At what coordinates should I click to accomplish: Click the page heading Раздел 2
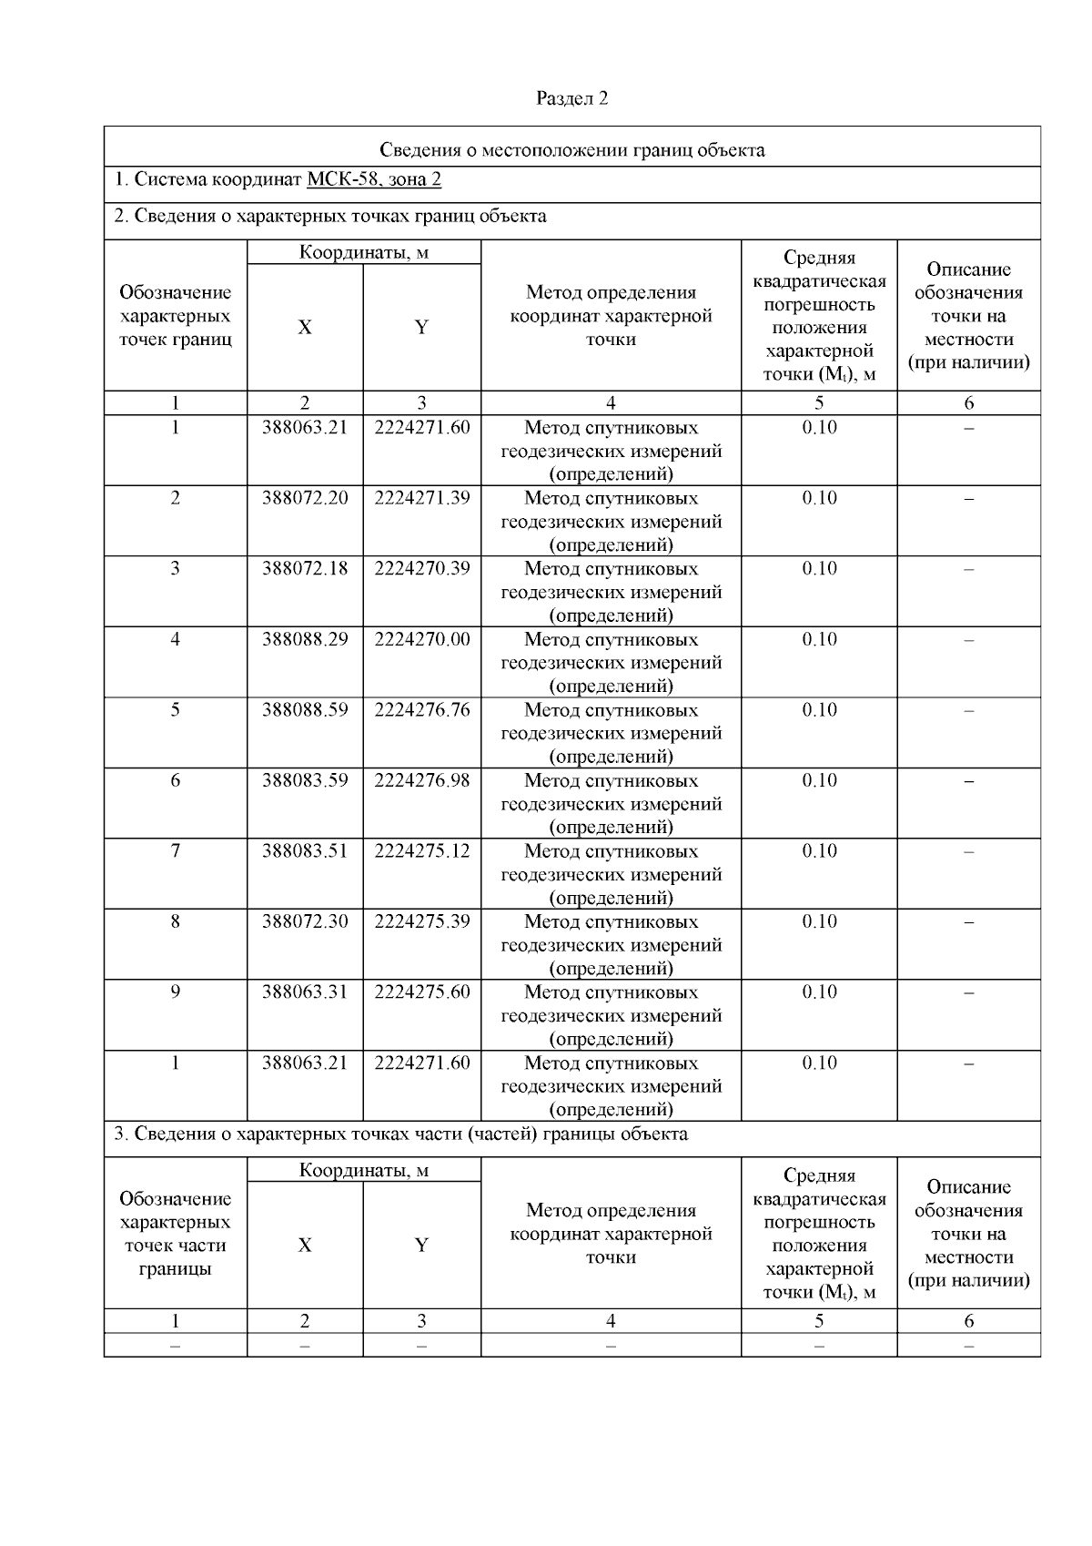[x=571, y=98]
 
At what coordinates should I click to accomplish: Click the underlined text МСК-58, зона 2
[x=373, y=179]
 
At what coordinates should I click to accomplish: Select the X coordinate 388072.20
[x=305, y=498]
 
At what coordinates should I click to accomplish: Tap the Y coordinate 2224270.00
[x=421, y=639]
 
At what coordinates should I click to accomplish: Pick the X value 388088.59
[x=305, y=709]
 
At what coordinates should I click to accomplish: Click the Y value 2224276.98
[x=421, y=780]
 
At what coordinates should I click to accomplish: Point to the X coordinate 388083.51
[x=305, y=851]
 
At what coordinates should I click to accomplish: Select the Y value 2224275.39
[x=421, y=921]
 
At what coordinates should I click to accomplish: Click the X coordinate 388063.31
[x=305, y=992]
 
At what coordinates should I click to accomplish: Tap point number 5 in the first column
[x=175, y=709]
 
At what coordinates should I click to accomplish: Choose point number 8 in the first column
[x=175, y=921]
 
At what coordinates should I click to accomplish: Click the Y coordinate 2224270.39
[x=421, y=568]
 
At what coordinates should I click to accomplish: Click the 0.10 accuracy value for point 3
[x=819, y=568]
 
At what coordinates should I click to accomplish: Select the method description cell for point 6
[x=611, y=803]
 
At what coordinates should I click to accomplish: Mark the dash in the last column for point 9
[x=968, y=992]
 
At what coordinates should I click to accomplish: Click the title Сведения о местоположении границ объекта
[x=571, y=150]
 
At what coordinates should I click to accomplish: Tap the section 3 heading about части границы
[x=400, y=1134]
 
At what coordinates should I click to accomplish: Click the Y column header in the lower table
[x=421, y=1245]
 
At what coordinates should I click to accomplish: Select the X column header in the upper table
[x=305, y=328]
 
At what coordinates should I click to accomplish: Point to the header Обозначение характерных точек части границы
[x=175, y=1234]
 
